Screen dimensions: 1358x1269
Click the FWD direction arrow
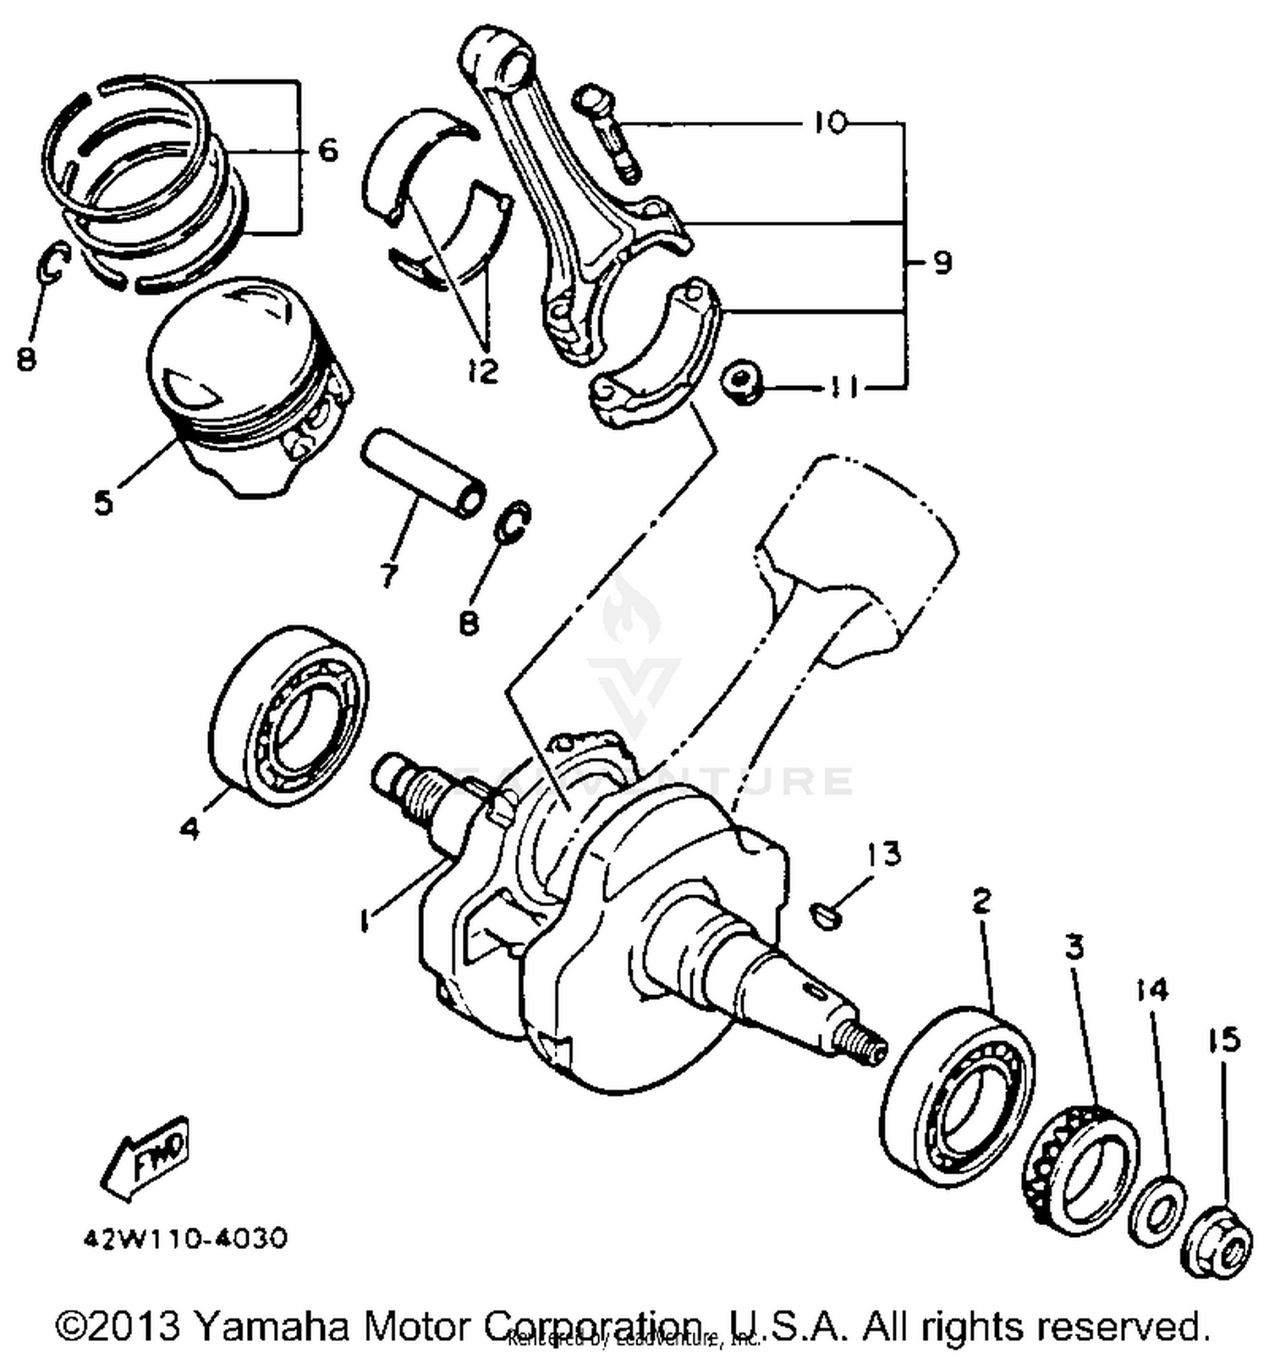tap(146, 1159)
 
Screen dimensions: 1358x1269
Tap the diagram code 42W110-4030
tap(185, 1239)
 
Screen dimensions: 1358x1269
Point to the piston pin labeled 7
tap(423, 476)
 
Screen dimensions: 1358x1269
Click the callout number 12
tap(484, 371)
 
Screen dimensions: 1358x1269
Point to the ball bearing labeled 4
tap(288, 711)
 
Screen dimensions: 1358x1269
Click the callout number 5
tap(102, 503)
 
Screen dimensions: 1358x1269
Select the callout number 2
tap(981, 901)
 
